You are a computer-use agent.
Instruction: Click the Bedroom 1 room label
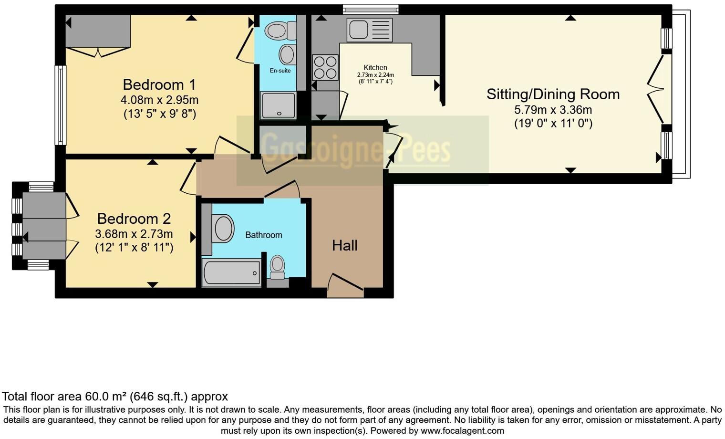click(x=159, y=84)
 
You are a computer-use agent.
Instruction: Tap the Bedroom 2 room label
click(x=134, y=219)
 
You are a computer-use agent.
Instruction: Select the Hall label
click(x=344, y=245)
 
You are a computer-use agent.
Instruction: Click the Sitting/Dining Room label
click(x=553, y=94)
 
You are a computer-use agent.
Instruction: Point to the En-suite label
click(x=280, y=71)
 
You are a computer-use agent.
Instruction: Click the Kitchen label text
click(x=375, y=68)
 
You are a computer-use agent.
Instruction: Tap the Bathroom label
click(x=263, y=235)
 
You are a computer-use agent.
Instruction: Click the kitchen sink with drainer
click(x=370, y=30)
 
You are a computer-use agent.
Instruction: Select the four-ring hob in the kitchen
click(x=325, y=67)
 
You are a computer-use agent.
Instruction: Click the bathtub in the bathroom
click(x=231, y=273)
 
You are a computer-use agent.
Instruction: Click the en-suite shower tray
click(x=278, y=105)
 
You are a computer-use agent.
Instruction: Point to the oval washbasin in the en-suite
click(x=287, y=54)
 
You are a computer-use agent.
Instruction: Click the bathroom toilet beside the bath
click(x=277, y=267)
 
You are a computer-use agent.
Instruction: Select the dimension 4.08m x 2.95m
click(x=159, y=100)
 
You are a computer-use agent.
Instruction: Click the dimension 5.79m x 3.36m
click(x=553, y=110)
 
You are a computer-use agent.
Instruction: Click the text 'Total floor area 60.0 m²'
click(x=64, y=397)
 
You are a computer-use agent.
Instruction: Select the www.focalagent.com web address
click(x=461, y=431)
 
